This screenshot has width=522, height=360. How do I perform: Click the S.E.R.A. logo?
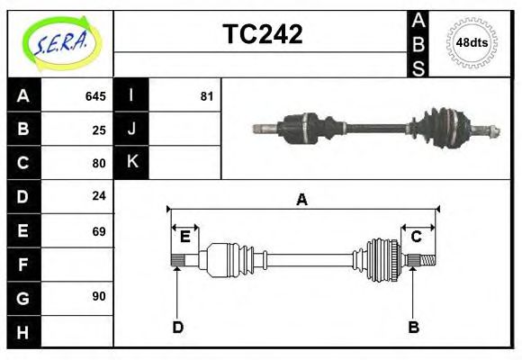pyautogui.click(x=59, y=43)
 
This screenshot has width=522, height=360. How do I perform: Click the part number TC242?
pyautogui.click(x=262, y=35)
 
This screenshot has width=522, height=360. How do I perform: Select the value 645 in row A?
pyautogui.click(x=95, y=95)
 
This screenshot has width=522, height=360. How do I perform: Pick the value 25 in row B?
pyautogui.click(x=99, y=130)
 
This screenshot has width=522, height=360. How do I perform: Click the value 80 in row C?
pyautogui.click(x=99, y=163)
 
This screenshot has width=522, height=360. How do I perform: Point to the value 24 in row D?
pyautogui.click(x=99, y=195)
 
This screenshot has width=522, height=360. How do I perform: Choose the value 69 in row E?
pyautogui.click(x=99, y=231)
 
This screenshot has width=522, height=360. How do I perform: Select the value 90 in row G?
pyautogui.click(x=99, y=296)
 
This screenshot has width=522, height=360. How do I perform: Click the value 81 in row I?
pyautogui.click(x=206, y=95)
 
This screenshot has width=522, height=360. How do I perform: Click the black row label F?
pyautogui.click(x=23, y=265)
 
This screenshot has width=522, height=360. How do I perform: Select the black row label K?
pyautogui.click(x=131, y=162)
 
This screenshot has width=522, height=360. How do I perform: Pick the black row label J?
pyautogui.click(x=131, y=129)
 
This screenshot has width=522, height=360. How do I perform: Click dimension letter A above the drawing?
pyautogui.click(x=302, y=200)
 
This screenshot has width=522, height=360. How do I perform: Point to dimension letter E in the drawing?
pyautogui.click(x=184, y=237)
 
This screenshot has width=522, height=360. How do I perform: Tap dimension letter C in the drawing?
pyautogui.click(x=417, y=237)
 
